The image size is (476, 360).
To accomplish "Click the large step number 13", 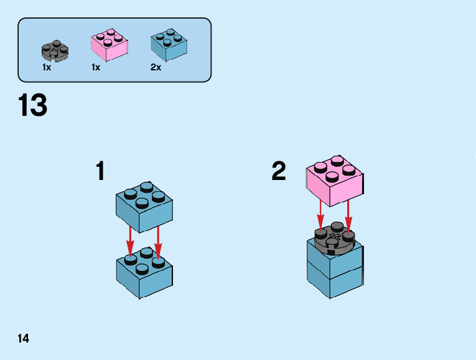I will [33, 105].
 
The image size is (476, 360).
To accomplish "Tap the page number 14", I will [24, 339].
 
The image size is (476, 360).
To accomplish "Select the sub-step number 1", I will [100, 171].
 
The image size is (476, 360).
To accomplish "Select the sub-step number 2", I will [279, 171].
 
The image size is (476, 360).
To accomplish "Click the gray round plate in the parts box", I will [55, 49].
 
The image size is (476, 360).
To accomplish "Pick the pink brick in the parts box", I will [110, 44].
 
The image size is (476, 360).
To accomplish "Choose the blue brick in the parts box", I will [169, 44].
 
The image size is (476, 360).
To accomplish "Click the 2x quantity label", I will [156, 67].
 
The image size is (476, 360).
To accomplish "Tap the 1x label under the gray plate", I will [47, 67].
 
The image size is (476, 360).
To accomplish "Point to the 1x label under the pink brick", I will [96, 67].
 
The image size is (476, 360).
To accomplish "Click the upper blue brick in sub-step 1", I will [144, 205].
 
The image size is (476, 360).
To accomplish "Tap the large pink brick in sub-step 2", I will [335, 181].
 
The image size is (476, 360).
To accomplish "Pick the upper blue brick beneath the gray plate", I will [335, 260].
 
